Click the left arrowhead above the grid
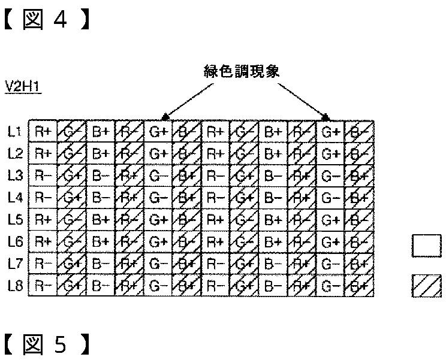(165, 116)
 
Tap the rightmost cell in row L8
(360, 286)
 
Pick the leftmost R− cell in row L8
(43, 286)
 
